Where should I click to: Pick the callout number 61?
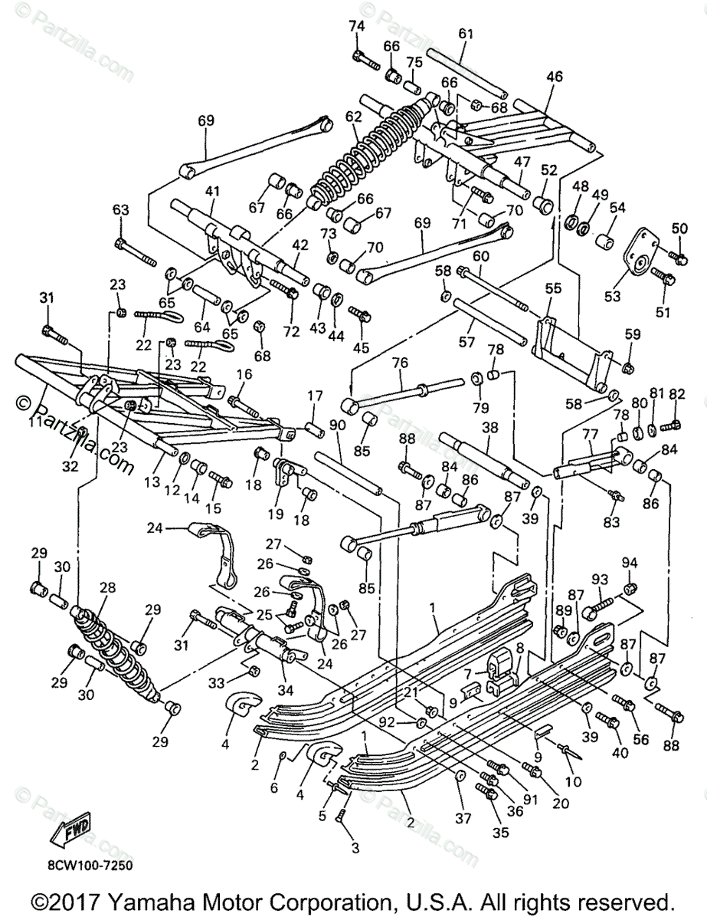pyautogui.click(x=467, y=34)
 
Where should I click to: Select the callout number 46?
pyautogui.click(x=555, y=76)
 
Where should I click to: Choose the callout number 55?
pyautogui.click(x=553, y=288)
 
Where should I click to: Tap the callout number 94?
pyautogui.click(x=630, y=563)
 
